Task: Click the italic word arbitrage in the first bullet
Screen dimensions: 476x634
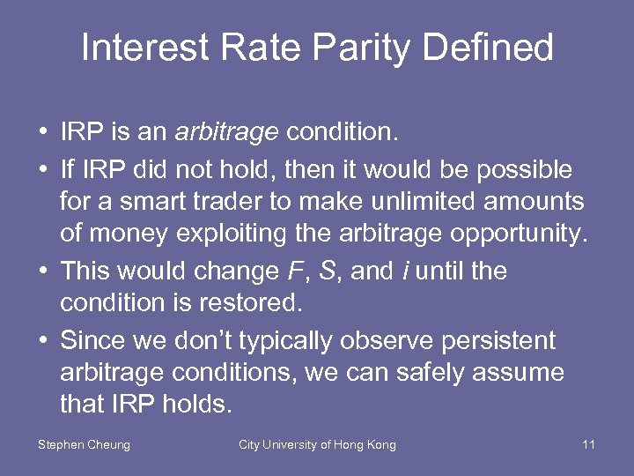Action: [x=227, y=133]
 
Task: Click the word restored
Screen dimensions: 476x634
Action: [x=250, y=304]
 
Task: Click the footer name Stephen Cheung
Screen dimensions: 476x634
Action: [x=84, y=445]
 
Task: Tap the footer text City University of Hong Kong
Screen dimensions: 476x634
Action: [x=317, y=445]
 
